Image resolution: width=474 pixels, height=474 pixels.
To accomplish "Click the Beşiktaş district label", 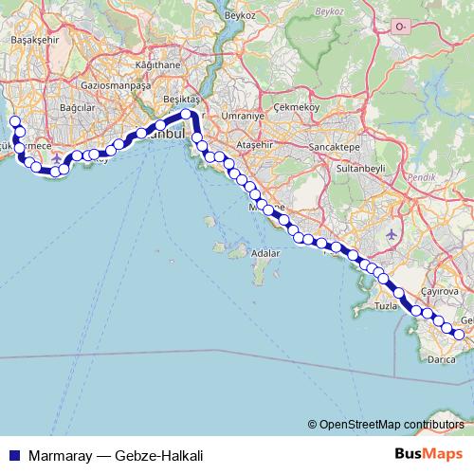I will pyautogui.click(x=184, y=100).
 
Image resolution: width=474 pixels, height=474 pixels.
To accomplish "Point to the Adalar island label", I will pyautogui.click(x=265, y=253).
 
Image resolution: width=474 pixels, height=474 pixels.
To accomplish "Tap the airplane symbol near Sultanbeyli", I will pyautogui.click(x=394, y=232).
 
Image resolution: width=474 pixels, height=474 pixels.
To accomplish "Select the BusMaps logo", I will pyautogui.click(x=428, y=455).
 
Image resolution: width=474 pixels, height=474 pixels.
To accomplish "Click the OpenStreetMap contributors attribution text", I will pyautogui.click(x=391, y=425).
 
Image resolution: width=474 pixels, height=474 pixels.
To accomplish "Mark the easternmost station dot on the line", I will pyautogui.click(x=459, y=334).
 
